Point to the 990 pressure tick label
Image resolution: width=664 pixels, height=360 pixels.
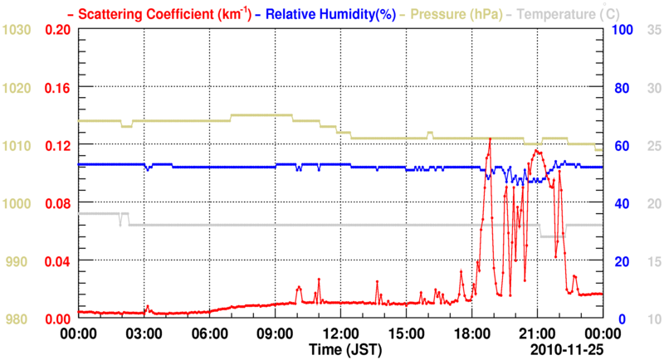pyautogui.click(x=18, y=261)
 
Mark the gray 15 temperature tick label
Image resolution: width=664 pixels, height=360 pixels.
pyautogui.click(x=652, y=261)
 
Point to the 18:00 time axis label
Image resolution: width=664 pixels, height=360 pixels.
pyautogui.click(x=471, y=334)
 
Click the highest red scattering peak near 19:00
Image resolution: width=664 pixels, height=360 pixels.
pyautogui.click(x=491, y=139)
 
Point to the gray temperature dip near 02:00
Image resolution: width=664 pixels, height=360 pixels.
pyautogui.click(x=121, y=222)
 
